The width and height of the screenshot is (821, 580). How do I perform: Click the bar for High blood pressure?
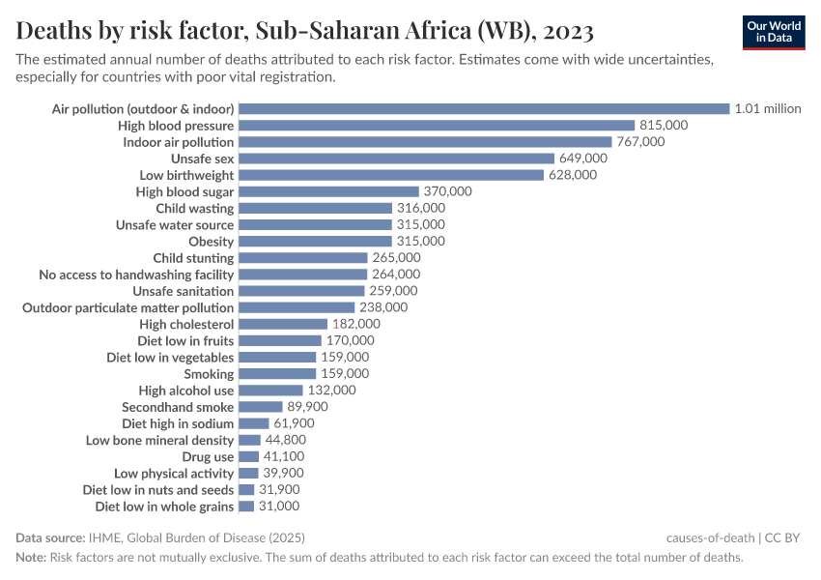click(x=436, y=126)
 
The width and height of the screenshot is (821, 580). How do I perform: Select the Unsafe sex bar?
click(x=396, y=159)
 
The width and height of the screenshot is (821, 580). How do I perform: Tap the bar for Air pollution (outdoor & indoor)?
click(x=483, y=109)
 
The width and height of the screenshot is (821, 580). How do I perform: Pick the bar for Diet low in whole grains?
click(x=246, y=507)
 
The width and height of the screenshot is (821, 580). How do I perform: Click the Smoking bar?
click(x=277, y=374)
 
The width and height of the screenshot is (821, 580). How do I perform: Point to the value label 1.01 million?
click(x=768, y=109)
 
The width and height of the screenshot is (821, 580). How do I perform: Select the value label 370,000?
click(x=448, y=191)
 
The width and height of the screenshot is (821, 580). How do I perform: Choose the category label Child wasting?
click(x=195, y=208)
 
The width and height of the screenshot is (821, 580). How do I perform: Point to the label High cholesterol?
click(x=186, y=324)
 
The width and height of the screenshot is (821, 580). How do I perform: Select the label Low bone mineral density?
click(x=160, y=440)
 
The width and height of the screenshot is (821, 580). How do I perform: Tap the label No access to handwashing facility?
click(x=136, y=275)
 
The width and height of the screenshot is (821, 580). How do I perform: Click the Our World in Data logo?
click(x=774, y=32)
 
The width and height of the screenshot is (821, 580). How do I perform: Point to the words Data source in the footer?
click(x=49, y=537)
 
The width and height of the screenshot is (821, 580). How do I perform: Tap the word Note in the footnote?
click(x=31, y=558)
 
